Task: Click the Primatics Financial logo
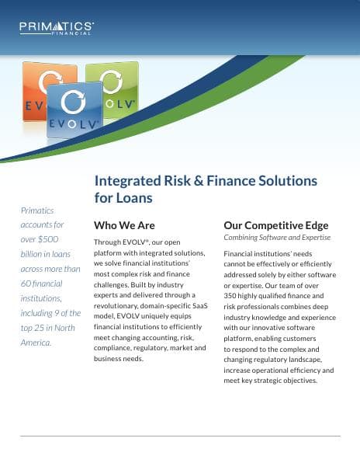(x=57, y=28)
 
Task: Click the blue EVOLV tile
(x=74, y=110)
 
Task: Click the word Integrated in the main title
(x=126, y=180)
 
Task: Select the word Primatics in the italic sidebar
(x=37, y=210)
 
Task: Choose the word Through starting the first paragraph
(x=108, y=242)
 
